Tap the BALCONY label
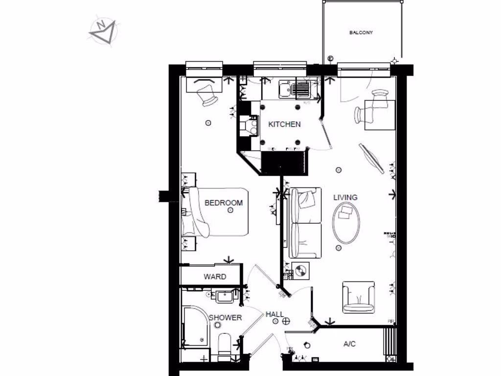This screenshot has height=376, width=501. coord(361,33)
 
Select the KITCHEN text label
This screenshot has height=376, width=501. coord(284,124)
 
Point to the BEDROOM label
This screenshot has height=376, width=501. coord(224,203)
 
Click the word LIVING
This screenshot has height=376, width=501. coord(345,197)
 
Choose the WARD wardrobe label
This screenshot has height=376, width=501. coord(215,277)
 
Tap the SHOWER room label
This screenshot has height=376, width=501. coord(225,318)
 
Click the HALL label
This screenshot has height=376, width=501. coord(274,314)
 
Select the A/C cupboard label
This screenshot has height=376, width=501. coord(349,344)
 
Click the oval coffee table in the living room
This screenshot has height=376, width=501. coord(346,222)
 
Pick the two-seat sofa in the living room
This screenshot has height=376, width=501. coord(305,223)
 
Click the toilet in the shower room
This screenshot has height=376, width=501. coord(225,345)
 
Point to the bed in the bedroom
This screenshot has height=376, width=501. coord(215,212)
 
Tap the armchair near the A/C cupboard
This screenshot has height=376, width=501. coord(358,297)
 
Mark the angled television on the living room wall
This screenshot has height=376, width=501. coord(371,158)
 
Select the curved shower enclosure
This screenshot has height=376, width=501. coord(196,326)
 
